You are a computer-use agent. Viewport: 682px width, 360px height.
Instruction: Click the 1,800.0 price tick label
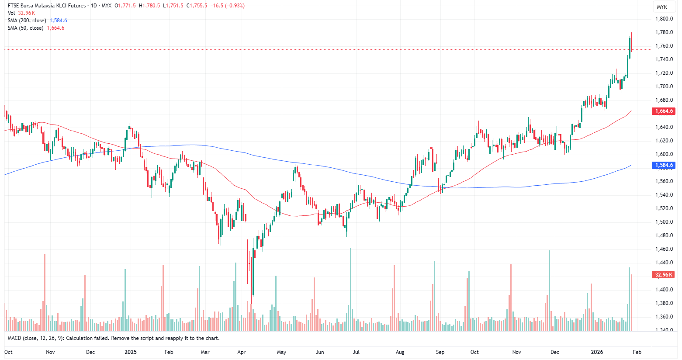tap(664, 19)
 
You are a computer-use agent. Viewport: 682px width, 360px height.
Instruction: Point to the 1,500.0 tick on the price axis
tap(664, 222)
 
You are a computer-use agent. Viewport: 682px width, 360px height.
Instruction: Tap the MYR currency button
tap(662, 7)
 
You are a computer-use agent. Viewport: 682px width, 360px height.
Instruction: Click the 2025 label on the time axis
tap(131, 352)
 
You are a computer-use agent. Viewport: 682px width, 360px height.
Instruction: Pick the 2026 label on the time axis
tap(597, 352)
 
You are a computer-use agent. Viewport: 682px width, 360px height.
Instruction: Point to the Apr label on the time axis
tap(241, 352)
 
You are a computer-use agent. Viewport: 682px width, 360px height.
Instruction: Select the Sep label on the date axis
tap(440, 352)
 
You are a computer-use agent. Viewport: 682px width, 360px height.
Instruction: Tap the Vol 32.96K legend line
tap(21, 13)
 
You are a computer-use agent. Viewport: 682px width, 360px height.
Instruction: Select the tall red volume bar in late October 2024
tap(45, 292)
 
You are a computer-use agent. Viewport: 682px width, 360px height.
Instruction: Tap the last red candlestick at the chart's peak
tap(631, 45)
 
